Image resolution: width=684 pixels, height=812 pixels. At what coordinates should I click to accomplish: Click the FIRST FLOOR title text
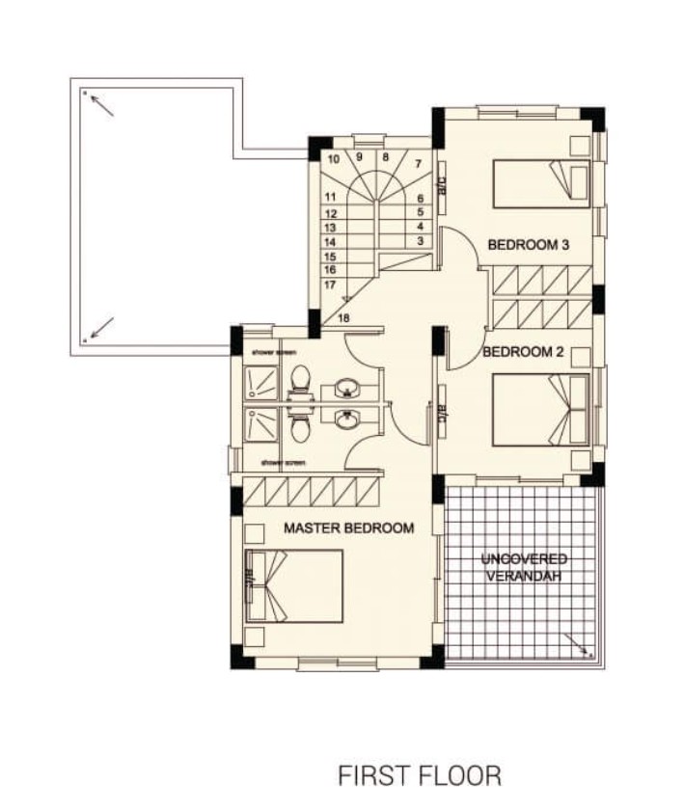420,776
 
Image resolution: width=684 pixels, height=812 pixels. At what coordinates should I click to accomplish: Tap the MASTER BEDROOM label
348,528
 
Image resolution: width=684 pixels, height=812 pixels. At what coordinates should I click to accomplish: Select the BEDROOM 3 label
527,245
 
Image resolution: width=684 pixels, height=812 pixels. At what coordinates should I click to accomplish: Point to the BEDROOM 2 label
522,351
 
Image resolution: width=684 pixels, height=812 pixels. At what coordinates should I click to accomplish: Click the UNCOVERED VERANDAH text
525,567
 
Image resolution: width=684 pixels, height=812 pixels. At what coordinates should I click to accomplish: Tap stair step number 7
418,164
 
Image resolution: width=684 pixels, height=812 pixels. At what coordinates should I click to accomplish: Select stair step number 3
421,240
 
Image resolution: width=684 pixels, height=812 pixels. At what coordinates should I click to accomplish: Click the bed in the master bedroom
295,585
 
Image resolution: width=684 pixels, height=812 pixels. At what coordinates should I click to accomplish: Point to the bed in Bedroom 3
541,184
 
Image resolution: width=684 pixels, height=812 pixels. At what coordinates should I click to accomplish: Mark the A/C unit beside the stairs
439,180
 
